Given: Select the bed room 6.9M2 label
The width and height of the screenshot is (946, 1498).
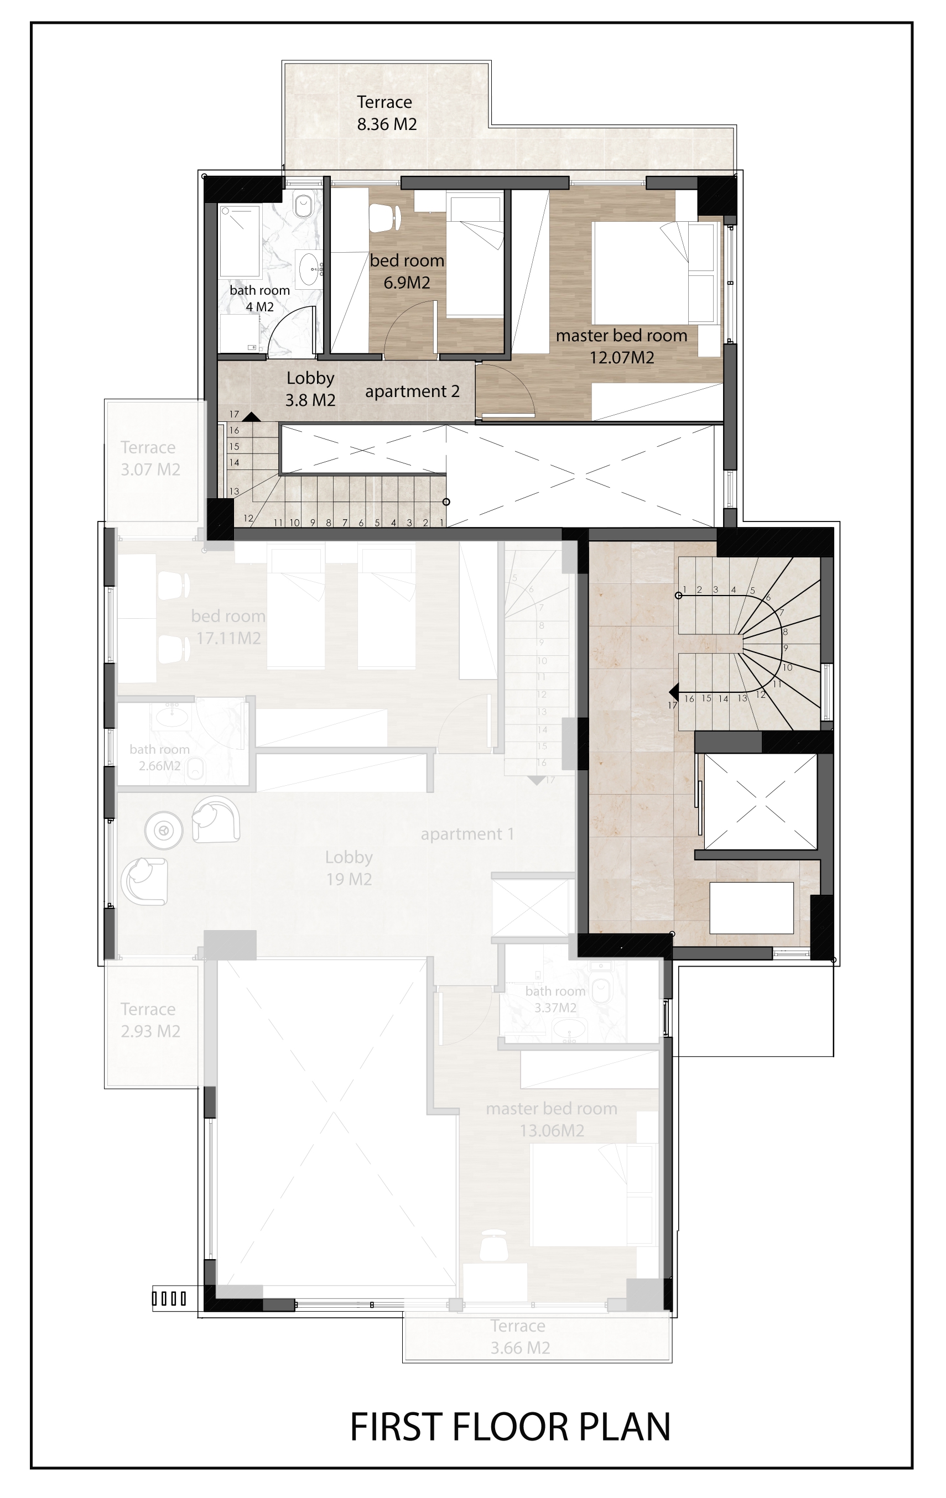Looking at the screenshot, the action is [x=407, y=271].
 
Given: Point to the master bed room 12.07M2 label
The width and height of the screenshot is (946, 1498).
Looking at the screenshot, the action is [x=622, y=346].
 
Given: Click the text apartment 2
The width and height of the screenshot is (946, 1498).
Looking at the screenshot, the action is [x=412, y=392].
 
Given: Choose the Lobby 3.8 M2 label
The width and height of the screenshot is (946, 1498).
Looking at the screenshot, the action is [x=310, y=388].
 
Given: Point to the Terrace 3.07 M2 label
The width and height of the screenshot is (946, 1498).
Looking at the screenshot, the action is [x=150, y=458].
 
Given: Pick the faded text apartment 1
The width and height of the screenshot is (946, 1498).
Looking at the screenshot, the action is [x=467, y=834].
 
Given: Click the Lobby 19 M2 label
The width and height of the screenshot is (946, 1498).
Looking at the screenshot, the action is [x=349, y=868].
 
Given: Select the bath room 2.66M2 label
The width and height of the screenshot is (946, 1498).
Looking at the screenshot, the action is [x=159, y=757].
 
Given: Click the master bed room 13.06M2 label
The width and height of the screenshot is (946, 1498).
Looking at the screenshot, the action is [x=552, y=1119].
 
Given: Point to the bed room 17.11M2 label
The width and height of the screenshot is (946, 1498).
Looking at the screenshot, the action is [x=228, y=627].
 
